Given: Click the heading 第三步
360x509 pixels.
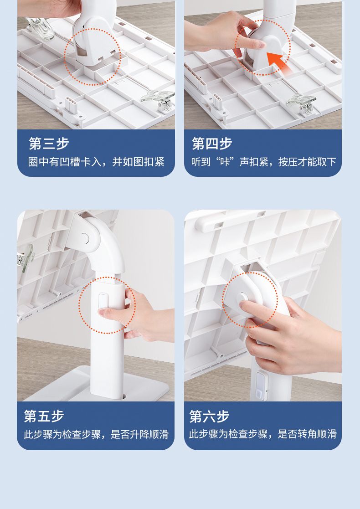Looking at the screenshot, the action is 49,144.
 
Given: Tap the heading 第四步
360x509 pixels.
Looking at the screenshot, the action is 211,144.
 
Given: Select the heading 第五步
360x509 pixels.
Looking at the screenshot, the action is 44,416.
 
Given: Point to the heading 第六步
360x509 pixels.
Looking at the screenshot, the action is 209,416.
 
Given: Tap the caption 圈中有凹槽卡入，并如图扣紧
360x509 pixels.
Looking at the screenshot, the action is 97,162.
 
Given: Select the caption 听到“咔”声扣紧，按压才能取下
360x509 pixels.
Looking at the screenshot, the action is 263,162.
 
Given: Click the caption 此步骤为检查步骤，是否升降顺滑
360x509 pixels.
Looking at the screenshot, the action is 96,434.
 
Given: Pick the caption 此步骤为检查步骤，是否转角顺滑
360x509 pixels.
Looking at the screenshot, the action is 263,434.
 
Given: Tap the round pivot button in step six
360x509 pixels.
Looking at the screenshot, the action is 243,298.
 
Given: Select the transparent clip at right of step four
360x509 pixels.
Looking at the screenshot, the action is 301,103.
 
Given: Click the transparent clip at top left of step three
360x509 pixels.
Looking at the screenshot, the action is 40,28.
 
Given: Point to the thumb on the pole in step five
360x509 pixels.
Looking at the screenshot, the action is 110,313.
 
